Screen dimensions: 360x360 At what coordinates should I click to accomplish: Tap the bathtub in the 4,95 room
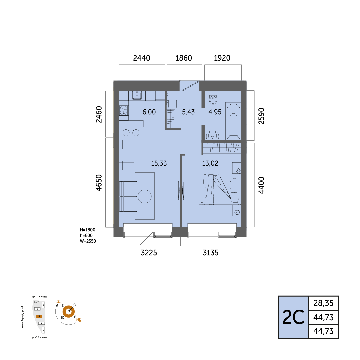pyautogui.click(x=233, y=121)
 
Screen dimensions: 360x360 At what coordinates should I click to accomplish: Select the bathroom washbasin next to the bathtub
pyautogui.click(x=212, y=135)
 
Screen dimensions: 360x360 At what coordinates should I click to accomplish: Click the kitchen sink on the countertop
pyautogui.click(x=137, y=95)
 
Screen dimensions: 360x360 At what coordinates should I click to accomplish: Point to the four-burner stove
pyautogui.click(x=124, y=110)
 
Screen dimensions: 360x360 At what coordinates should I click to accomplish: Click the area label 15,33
pyautogui.click(x=159, y=163)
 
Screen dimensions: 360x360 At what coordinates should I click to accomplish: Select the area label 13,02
pyautogui.click(x=210, y=163)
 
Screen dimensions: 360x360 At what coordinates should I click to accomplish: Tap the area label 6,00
pyautogui.click(x=149, y=112)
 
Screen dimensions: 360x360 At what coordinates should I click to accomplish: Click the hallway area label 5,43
pyautogui.click(x=188, y=112)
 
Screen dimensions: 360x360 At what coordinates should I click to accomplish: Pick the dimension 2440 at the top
pyautogui.click(x=142, y=58)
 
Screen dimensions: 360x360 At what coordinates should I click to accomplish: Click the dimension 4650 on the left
pyautogui.click(x=99, y=183)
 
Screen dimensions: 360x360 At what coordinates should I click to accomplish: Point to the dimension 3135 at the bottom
pyautogui.click(x=211, y=253)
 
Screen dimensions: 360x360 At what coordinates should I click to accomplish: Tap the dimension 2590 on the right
pyautogui.click(x=262, y=116)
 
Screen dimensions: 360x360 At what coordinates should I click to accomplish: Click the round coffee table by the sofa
pyautogui.click(x=145, y=196)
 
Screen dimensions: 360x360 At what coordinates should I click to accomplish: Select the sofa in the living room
pyautogui.click(x=128, y=197)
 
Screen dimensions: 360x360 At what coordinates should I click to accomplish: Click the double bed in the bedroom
pyautogui.click(x=220, y=189)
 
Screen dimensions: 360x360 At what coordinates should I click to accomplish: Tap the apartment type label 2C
pyautogui.click(x=293, y=317)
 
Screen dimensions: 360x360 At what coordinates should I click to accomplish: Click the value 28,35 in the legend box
pyautogui.click(x=323, y=303)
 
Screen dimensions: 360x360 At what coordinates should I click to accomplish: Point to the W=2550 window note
pyautogui.click(x=88, y=241)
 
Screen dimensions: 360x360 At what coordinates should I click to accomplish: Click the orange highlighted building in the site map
pyautogui.click(x=39, y=316)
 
